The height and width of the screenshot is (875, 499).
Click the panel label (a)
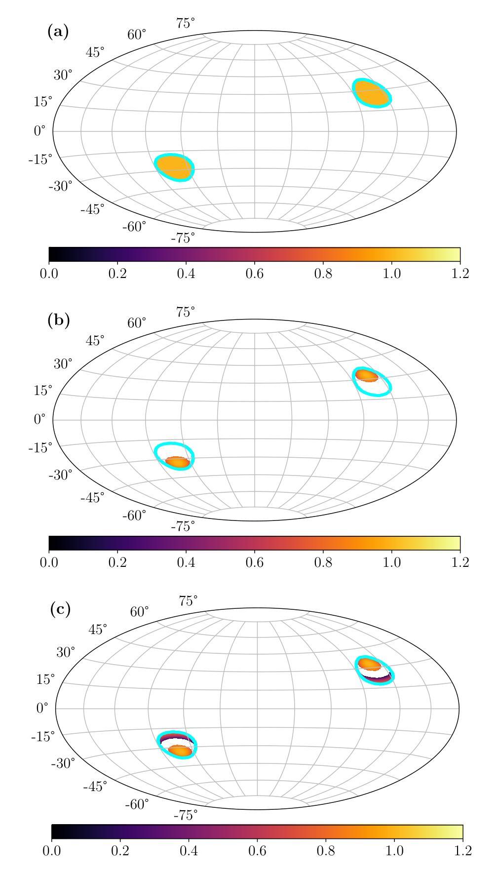coord(58,32)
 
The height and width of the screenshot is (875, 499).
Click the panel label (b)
coord(58,320)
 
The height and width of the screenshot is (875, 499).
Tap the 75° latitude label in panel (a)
coord(185,23)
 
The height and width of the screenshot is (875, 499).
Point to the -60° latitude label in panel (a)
coord(134,227)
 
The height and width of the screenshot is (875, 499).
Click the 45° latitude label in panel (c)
coord(98,630)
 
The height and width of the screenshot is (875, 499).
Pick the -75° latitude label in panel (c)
coord(185,815)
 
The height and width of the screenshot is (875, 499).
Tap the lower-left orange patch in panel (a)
coord(174,167)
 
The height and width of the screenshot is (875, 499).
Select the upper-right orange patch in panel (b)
coord(367,376)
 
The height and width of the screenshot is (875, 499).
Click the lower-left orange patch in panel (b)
coord(177,462)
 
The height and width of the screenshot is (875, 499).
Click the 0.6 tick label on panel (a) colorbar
coord(255,274)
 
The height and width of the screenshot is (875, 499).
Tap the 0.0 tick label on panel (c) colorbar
coord(52,850)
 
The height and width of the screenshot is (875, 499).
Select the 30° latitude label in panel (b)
coord(63,363)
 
